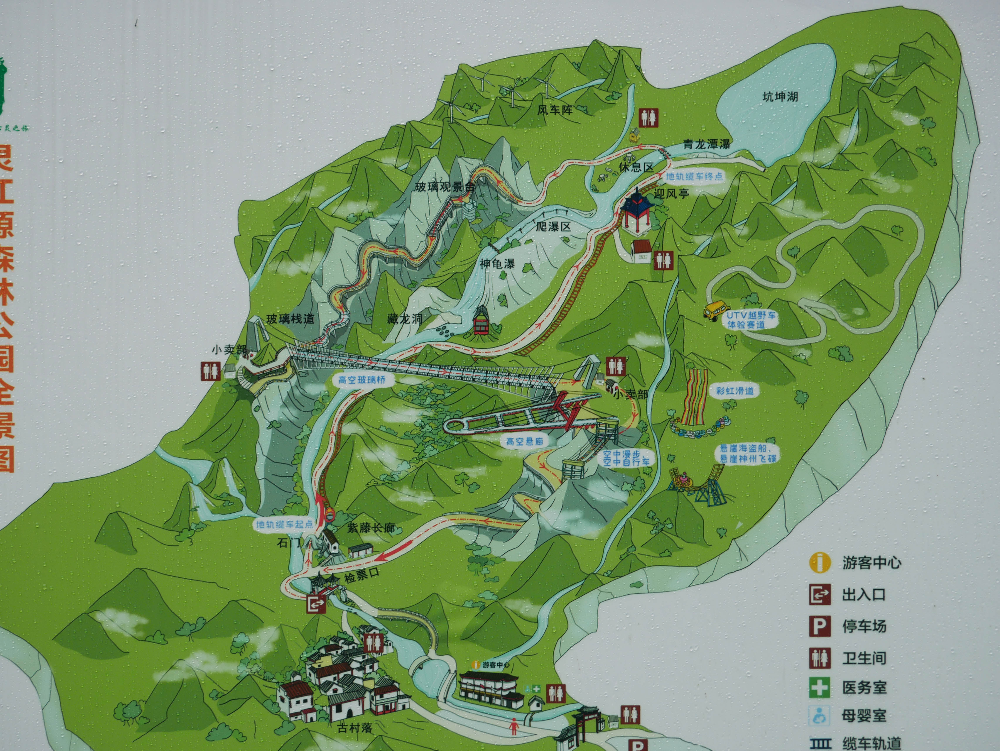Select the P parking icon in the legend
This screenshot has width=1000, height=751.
click(x=819, y=626)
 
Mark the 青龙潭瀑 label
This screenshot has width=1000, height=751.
click(x=707, y=144)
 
